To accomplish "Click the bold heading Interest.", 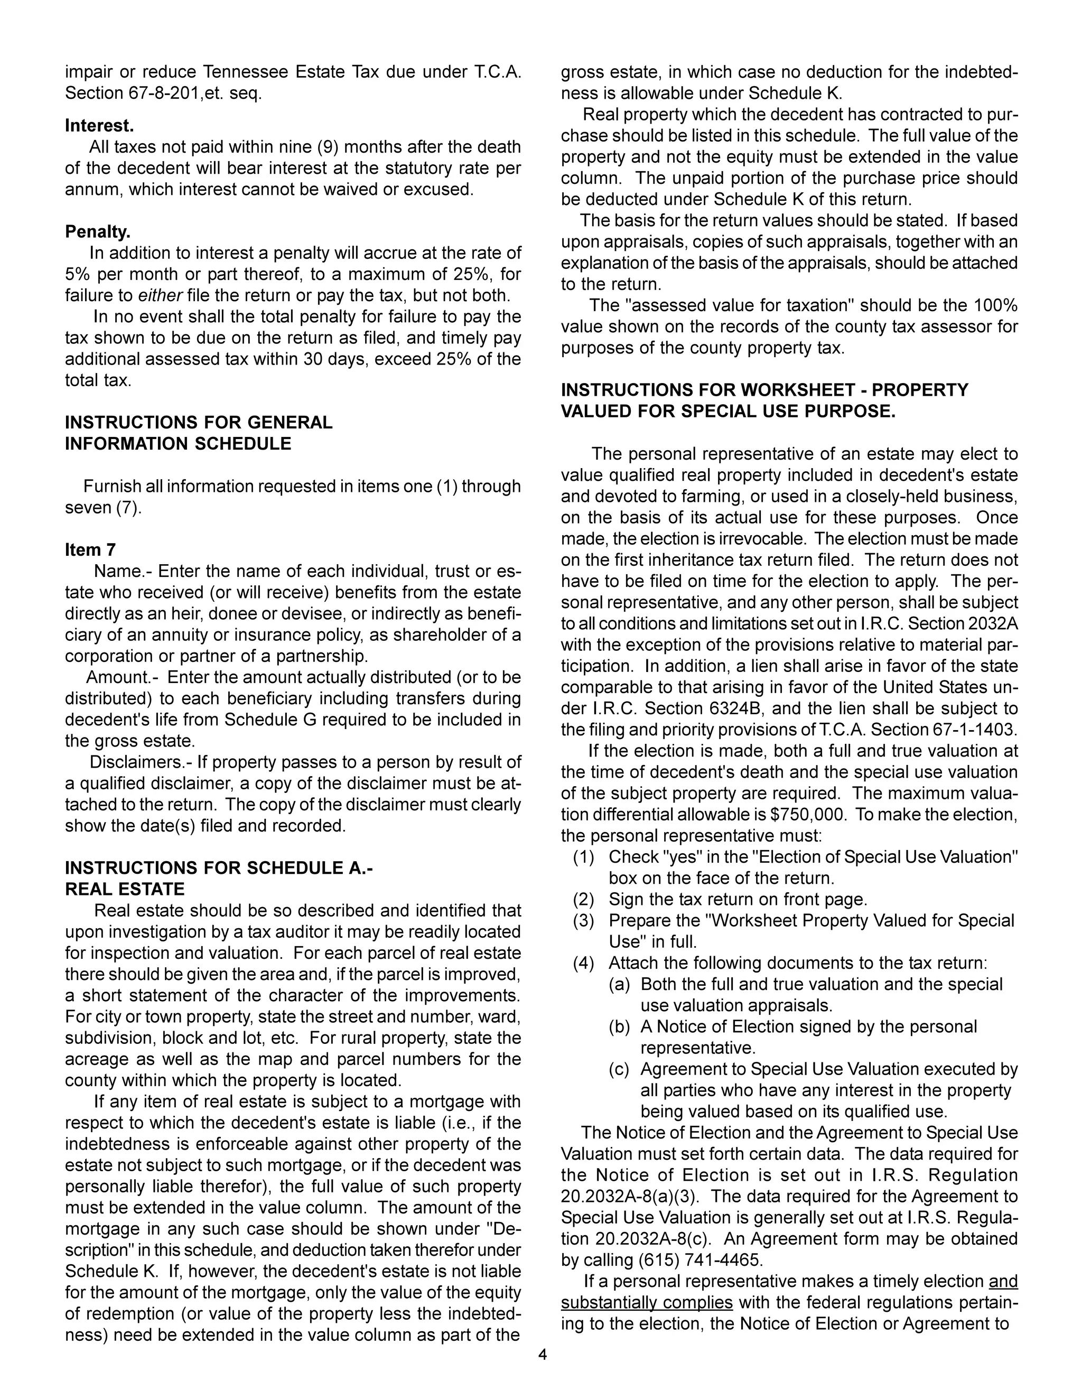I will tap(99, 126).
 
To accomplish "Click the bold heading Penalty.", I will tap(97, 231).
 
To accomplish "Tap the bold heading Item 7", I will tap(90, 550).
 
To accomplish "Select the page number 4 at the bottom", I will tap(542, 1355).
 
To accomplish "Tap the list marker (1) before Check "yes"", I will tap(583, 857).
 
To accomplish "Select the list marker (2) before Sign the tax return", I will tap(583, 899).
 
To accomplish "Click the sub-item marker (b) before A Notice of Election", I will tap(619, 1027).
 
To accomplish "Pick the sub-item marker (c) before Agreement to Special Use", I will tap(619, 1069).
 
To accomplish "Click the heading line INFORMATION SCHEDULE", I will tap(178, 444).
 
